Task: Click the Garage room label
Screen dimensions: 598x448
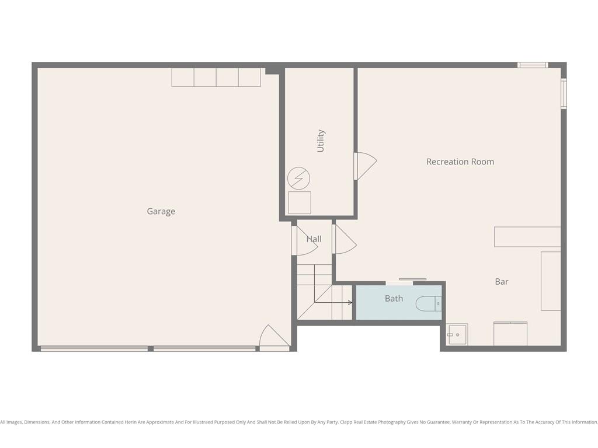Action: click(161, 211)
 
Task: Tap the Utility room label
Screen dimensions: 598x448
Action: click(321, 141)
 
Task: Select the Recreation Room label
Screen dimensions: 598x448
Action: click(460, 162)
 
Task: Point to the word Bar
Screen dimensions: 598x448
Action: click(502, 282)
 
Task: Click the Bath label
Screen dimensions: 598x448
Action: click(394, 298)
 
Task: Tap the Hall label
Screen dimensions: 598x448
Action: click(314, 239)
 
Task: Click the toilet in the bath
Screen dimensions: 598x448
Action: click(428, 303)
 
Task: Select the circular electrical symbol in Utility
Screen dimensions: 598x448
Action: click(298, 178)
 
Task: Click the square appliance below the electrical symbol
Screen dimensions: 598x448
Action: click(300, 202)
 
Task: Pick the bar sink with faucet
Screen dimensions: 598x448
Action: click(457, 334)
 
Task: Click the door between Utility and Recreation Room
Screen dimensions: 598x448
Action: click(365, 166)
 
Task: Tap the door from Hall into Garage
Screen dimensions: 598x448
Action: click(304, 241)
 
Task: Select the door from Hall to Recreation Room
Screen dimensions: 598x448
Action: click(345, 239)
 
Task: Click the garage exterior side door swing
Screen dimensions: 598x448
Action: click(274, 338)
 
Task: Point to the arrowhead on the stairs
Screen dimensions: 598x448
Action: click(350, 303)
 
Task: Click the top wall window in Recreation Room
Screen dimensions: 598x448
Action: click(533, 65)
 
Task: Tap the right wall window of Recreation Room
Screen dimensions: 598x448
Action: click(564, 93)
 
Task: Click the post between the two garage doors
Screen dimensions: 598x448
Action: click(151, 349)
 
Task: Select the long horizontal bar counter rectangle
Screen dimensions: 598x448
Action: click(527, 237)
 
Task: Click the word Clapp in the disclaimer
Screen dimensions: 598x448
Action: click(346, 422)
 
